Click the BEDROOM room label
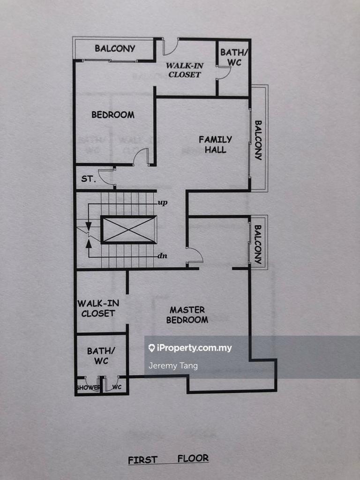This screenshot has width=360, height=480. pos(112,115)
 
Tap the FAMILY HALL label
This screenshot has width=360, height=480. pos(215,144)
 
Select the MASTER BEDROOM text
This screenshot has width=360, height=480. pos(187,315)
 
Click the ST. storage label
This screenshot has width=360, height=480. pos(88,179)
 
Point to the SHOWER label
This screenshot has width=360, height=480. pos(88,388)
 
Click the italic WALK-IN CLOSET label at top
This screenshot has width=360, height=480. pos(184,70)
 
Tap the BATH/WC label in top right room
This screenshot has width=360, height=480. pos(232,57)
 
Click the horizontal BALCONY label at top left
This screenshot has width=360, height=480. pos(115,48)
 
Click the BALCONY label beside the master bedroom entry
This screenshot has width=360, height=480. pos(257,244)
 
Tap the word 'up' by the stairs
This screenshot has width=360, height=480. pos(163,203)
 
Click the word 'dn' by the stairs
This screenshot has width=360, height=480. pos(163,256)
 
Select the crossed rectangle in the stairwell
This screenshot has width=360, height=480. pos(128,230)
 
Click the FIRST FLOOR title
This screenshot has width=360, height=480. pos(168,459)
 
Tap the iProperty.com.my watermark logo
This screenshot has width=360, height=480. pos(190,348)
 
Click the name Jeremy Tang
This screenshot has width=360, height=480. pos(173,366)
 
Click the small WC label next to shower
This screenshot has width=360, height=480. pos(117,387)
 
